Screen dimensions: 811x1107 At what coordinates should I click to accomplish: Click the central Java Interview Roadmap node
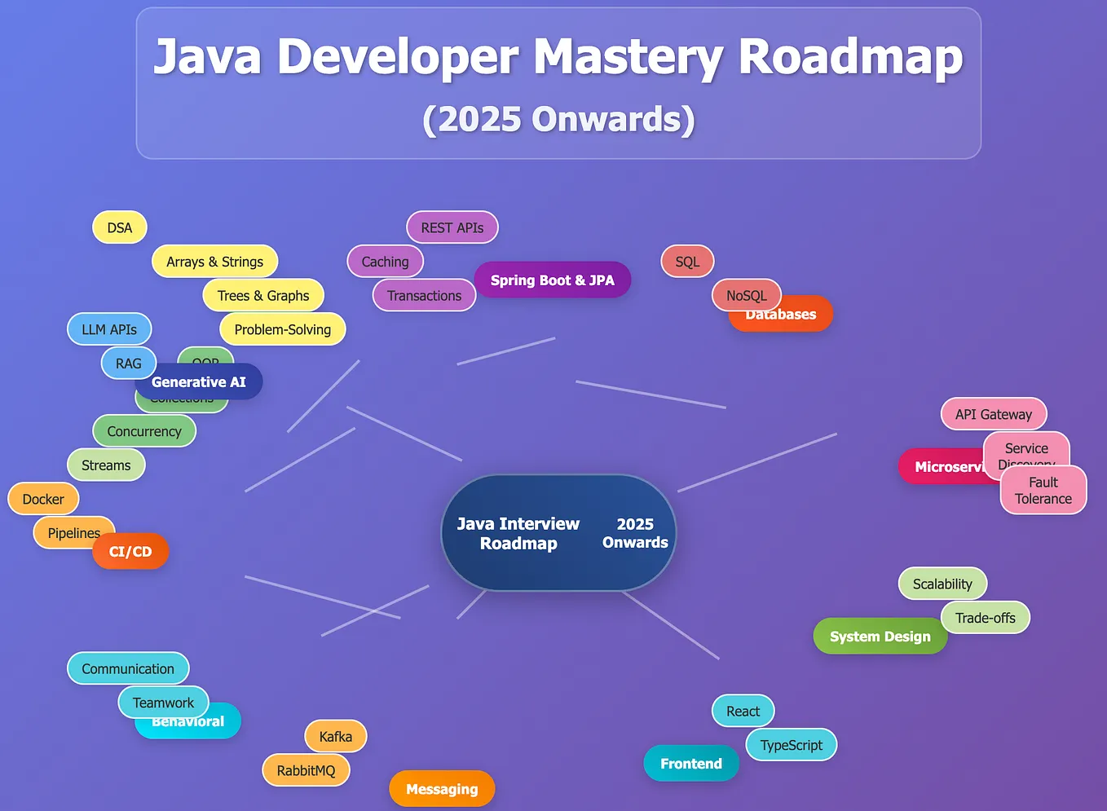(558, 533)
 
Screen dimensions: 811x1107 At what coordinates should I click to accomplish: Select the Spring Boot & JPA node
(552, 280)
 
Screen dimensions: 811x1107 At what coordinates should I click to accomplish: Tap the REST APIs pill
(452, 227)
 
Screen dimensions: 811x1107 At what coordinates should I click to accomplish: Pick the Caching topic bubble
(385, 262)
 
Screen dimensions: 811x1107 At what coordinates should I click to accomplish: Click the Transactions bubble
(424, 295)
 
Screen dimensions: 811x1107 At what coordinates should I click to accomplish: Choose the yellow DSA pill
(119, 227)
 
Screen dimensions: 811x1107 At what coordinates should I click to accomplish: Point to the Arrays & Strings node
(214, 262)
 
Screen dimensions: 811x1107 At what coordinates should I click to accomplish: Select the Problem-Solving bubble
(282, 329)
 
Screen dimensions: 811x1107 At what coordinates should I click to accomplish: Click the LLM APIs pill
(109, 329)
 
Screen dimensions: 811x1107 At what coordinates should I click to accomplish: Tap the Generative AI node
(199, 381)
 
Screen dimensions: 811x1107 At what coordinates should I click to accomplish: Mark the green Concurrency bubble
(144, 431)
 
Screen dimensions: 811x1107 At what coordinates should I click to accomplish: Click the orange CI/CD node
(130, 552)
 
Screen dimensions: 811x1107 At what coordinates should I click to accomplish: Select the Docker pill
(43, 499)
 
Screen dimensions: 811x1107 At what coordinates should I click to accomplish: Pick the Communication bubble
(128, 668)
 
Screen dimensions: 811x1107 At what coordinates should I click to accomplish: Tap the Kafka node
(335, 737)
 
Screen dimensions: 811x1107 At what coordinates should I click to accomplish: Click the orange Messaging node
(442, 789)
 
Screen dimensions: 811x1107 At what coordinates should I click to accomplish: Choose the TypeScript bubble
(791, 745)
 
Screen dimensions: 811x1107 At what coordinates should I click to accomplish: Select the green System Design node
(880, 637)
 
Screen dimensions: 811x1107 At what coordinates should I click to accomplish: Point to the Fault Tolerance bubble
(1043, 490)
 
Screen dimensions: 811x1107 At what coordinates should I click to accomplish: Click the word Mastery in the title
(627, 57)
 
